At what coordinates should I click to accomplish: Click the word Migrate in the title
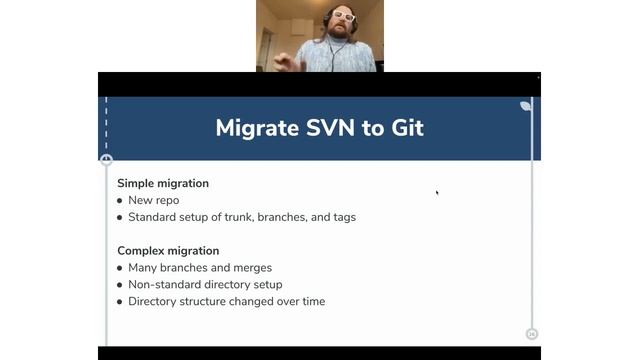click(x=256, y=128)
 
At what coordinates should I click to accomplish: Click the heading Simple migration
click(x=163, y=183)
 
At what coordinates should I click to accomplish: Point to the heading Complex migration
click(x=168, y=251)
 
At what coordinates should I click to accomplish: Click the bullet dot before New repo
click(x=120, y=200)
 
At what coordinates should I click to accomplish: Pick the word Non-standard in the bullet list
click(x=161, y=285)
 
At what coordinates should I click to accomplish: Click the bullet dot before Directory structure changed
click(x=120, y=302)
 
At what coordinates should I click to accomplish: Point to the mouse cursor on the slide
click(x=437, y=193)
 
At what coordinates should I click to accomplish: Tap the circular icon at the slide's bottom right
click(x=531, y=334)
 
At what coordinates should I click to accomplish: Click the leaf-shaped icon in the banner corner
click(x=526, y=105)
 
